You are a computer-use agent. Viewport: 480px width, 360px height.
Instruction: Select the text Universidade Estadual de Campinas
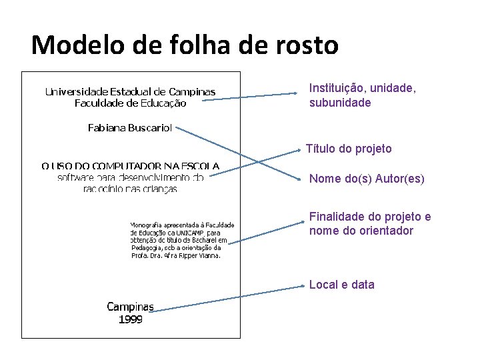click(x=130, y=91)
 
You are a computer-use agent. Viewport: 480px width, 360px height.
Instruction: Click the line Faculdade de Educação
click(x=130, y=103)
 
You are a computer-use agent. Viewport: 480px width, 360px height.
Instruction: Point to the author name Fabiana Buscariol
click(x=130, y=127)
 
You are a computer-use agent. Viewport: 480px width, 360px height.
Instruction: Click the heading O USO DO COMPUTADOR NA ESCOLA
click(x=130, y=166)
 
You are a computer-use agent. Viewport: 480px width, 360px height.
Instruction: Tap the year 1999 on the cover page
click(x=131, y=319)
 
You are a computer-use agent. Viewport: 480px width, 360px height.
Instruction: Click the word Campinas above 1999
click(x=131, y=307)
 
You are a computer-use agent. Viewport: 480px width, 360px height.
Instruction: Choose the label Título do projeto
click(x=349, y=149)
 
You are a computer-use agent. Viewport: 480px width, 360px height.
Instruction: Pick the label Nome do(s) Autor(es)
click(x=367, y=179)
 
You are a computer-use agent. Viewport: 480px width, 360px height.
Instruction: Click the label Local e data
click(x=341, y=285)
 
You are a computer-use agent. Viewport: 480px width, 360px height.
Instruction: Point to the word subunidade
click(x=340, y=103)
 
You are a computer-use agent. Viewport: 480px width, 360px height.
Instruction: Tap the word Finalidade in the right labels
click(x=337, y=217)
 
